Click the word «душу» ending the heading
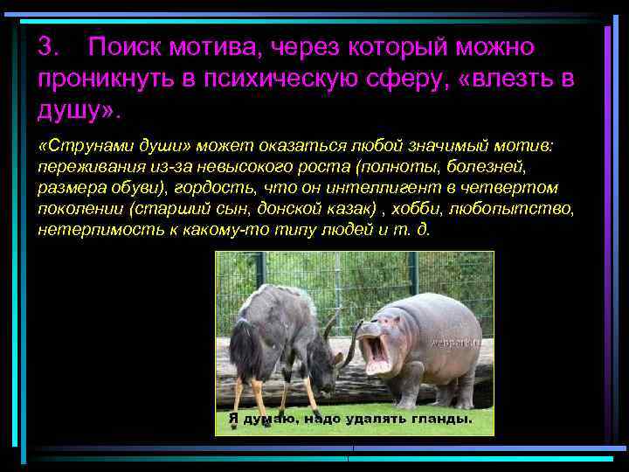point(70,112)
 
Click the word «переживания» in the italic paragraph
point(86,165)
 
